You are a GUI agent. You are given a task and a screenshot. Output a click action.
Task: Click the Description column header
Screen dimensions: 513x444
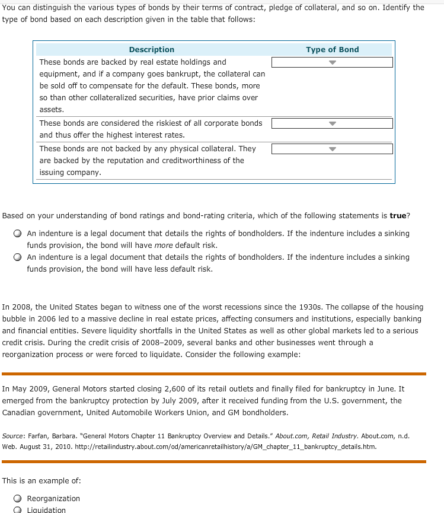pos(152,50)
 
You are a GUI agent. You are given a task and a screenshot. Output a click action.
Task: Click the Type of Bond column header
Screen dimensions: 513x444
pos(332,50)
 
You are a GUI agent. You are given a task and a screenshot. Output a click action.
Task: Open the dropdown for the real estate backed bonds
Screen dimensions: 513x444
pos(332,62)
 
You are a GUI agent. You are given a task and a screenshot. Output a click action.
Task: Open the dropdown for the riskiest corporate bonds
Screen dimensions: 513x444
pos(332,123)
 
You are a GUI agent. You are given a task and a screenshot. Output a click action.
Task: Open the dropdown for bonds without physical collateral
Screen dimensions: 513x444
pos(332,149)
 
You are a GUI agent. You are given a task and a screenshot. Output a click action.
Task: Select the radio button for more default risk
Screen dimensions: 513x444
pos(18,234)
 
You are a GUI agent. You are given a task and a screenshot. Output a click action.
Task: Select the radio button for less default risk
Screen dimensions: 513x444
pos(18,257)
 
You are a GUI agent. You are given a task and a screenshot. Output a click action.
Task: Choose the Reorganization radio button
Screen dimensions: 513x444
pos(18,499)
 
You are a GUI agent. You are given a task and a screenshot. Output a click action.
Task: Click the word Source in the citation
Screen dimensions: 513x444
pos(14,436)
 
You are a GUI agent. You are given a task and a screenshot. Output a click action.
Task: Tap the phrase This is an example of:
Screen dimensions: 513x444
pos(41,480)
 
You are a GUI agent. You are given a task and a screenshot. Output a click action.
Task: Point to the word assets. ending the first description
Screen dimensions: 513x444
pos(52,110)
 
